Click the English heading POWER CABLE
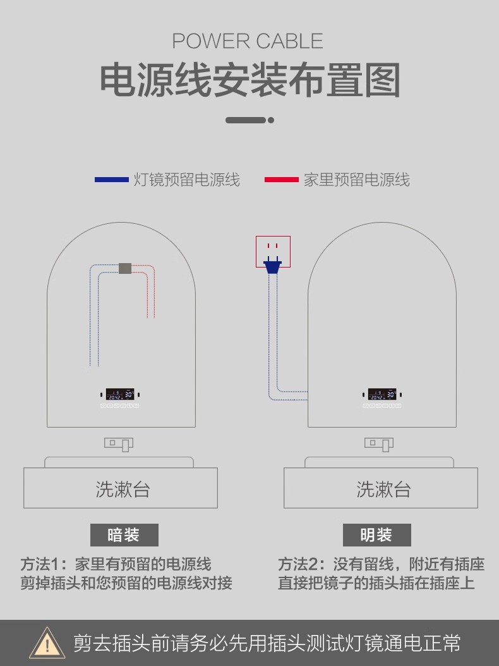tap(248, 42)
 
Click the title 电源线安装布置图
tap(250, 80)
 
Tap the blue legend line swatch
tap(111, 180)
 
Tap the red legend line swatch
tap(281, 180)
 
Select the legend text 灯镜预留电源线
tap(186, 180)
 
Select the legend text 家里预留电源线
tap(356, 180)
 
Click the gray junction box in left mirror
tap(125, 268)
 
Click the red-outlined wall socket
tap(273, 250)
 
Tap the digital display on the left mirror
tap(120, 394)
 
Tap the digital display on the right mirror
tap(382, 394)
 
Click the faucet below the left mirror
tap(119, 444)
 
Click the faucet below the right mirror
tap(379, 444)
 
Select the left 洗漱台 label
tap(122, 489)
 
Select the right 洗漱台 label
tap(383, 489)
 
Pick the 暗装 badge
tap(124, 535)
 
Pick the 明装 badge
tap(376, 535)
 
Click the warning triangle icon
tap(46, 643)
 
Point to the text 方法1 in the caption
tap(42, 564)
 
